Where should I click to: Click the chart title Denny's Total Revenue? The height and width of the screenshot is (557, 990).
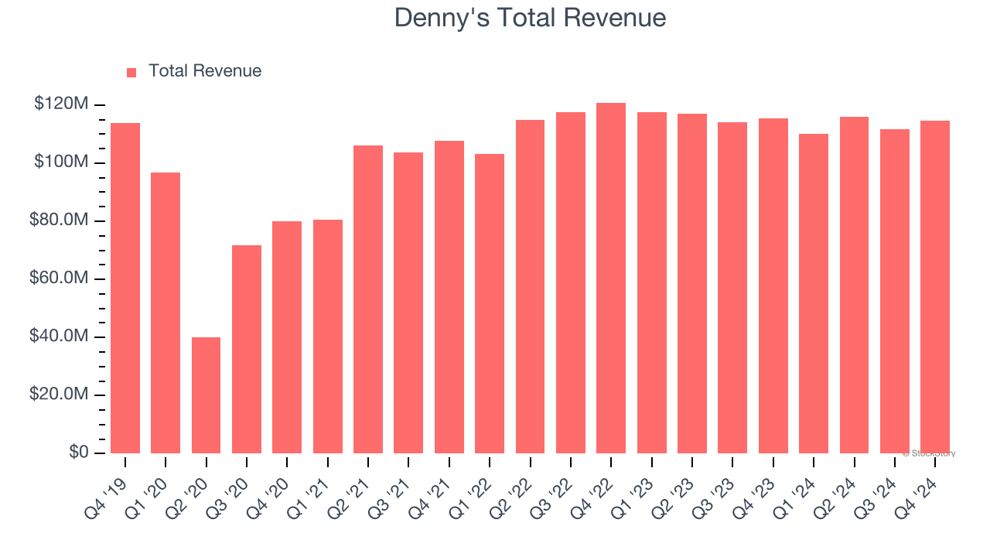530,18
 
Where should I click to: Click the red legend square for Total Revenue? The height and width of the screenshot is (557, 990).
131,72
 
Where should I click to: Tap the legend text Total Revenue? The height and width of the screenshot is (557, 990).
204,71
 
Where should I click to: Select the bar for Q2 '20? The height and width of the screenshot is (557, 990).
206,395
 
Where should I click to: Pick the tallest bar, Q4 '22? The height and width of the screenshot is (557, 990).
611,278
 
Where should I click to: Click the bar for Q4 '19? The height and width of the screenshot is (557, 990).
125,288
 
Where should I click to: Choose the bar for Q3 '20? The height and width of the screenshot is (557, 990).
247,349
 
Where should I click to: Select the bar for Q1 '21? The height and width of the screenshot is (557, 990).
328,337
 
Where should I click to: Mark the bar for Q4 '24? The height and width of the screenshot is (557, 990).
935,286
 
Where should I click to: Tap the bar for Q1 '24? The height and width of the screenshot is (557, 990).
814,293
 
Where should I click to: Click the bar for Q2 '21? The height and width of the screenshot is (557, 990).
368,299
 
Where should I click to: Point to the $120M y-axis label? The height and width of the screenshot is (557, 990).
60,104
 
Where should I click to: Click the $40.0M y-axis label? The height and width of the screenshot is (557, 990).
58,337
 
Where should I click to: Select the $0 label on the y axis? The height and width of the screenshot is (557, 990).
78,453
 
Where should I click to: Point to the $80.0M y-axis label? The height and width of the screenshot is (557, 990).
58,220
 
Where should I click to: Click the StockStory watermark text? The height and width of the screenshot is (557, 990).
930,453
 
